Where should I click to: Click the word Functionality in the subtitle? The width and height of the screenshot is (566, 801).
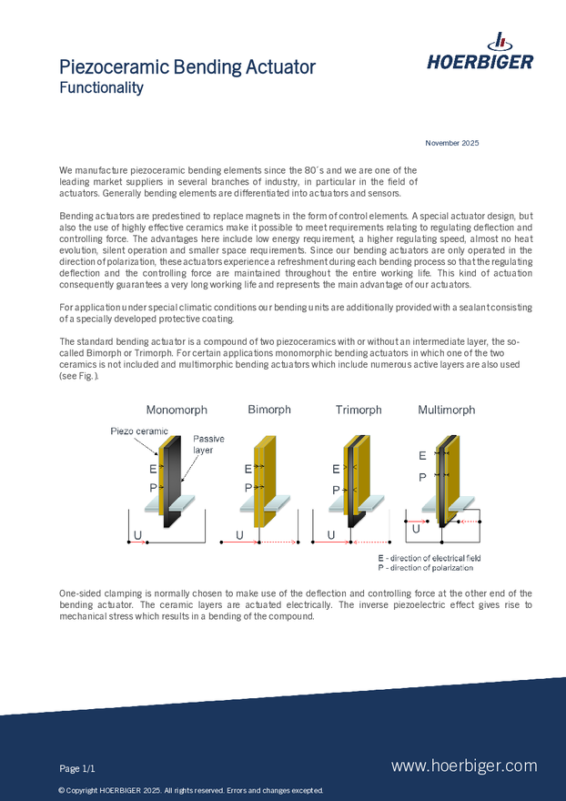[101, 88]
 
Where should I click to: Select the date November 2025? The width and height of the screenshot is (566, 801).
[452, 143]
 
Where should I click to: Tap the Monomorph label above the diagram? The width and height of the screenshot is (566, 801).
[176, 410]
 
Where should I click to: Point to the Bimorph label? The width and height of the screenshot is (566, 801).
[269, 410]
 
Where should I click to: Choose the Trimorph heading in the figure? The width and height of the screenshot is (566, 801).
[359, 410]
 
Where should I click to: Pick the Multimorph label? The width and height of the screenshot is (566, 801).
[446, 410]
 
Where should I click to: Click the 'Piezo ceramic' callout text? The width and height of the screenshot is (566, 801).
[140, 431]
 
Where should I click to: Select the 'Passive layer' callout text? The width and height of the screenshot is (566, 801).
[208, 444]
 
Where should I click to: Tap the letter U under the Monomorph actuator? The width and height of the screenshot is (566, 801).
[137, 534]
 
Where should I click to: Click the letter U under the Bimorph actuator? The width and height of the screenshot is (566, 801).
[239, 534]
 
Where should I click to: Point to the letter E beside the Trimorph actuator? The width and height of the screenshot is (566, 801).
[336, 469]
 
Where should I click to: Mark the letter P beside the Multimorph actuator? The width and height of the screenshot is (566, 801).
[422, 476]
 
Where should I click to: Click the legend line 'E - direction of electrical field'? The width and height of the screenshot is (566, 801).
[430, 558]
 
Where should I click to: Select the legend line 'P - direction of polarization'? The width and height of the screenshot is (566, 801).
[425, 567]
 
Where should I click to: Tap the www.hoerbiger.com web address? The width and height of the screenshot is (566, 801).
[464, 766]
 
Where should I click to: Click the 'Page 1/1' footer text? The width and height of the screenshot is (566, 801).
[77, 768]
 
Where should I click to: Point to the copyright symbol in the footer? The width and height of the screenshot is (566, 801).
[61, 790]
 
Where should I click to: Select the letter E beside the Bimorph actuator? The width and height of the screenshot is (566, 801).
[248, 469]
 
